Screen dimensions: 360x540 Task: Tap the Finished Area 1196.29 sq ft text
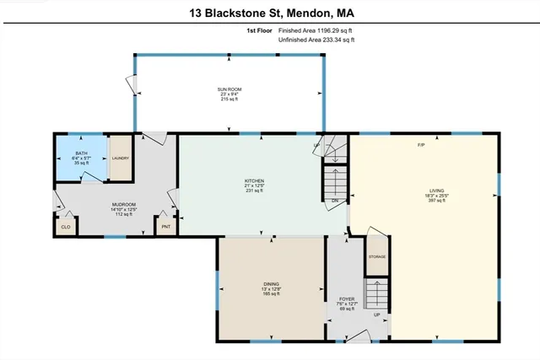tap(322, 30)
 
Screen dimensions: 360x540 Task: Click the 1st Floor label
tap(259, 30)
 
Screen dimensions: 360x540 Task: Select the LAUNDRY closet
tap(119, 158)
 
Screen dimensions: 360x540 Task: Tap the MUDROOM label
tap(124, 205)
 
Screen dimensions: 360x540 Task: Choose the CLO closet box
tap(66, 226)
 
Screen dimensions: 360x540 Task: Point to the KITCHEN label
tap(254, 180)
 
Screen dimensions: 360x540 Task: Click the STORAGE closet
tap(376, 255)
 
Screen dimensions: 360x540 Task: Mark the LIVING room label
tap(436, 191)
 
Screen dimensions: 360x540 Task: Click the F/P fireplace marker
tap(420, 146)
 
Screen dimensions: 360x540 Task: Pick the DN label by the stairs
tap(335, 201)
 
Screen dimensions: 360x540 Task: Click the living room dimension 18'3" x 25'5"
tap(436, 196)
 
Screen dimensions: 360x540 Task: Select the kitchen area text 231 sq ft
tap(254, 191)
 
